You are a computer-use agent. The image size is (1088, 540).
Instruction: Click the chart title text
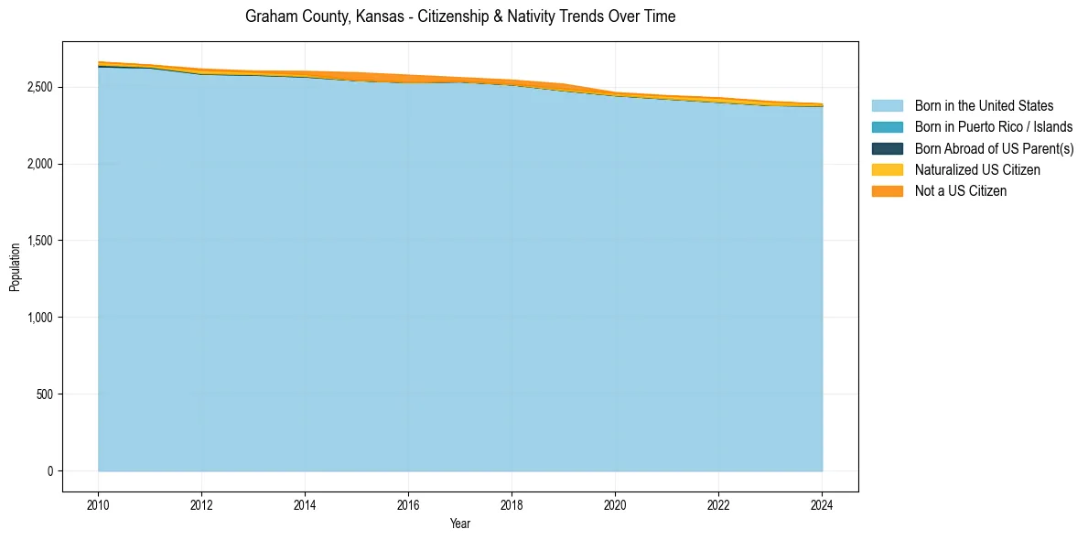pos(460,16)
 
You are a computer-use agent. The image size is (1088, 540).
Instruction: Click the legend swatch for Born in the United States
pos(887,106)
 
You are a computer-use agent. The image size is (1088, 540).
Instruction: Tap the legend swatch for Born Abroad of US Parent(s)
pos(887,148)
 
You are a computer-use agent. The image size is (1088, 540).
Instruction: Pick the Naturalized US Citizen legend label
pos(977,169)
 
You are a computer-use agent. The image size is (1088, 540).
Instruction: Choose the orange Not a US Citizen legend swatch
pos(887,190)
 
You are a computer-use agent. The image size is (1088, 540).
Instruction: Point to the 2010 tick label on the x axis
pos(98,504)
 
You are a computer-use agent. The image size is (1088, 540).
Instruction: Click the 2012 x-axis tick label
pos(201,504)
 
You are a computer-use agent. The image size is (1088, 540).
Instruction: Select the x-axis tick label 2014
pos(305,504)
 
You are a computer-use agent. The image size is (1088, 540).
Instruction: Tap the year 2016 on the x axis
pos(408,504)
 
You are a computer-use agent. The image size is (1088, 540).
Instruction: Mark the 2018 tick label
pos(512,504)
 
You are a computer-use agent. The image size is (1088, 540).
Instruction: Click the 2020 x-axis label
pos(615,504)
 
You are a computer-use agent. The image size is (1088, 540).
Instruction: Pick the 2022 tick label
pos(718,504)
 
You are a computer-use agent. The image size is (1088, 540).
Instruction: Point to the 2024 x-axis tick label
pos(822,504)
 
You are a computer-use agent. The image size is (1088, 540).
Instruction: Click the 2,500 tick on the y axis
pos(38,87)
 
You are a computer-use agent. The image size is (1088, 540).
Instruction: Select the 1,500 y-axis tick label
pos(38,241)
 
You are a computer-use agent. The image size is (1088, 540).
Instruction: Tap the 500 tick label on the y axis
pos(44,394)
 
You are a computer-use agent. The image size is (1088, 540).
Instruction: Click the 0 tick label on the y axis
pos(50,471)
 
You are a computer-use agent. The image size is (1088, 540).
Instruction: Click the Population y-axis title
pos(15,267)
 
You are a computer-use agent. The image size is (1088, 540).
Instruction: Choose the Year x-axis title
pos(460,524)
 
